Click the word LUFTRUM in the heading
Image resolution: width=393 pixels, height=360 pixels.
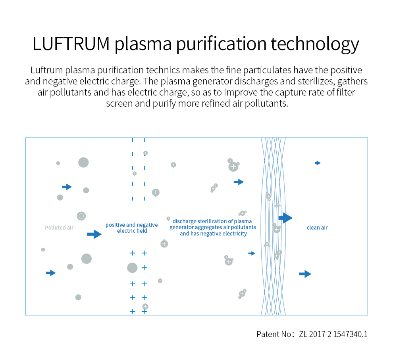[x=71, y=44]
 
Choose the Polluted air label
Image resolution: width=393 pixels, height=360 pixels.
[x=59, y=228]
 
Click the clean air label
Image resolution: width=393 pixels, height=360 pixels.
[x=317, y=228]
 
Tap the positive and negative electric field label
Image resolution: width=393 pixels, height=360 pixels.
[x=131, y=228]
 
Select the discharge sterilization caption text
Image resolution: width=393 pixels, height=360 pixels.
[x=213, y=228]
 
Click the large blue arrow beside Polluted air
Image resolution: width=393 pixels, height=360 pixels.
[x=94, y=234]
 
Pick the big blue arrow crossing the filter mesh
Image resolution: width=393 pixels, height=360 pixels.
[x=285, y=218]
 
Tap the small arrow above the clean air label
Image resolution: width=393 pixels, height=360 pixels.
[x=318, y=163]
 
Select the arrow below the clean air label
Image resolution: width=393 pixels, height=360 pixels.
[x=305, y=274]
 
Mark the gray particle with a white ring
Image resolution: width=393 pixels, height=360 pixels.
[x=81, y=216]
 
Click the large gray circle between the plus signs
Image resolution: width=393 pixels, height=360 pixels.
[x=132, y=268]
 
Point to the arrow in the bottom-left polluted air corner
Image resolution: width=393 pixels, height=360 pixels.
[x=51, y=273]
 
